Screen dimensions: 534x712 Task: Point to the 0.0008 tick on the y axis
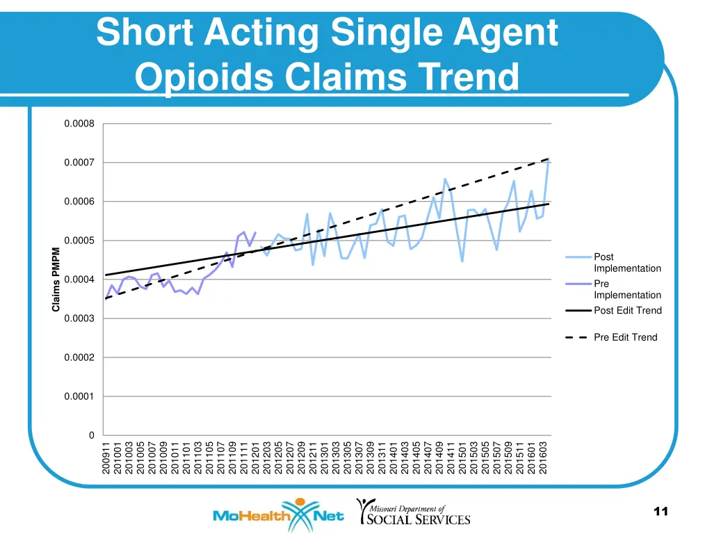pos(79,124)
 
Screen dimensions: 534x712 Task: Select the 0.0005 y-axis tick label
pos(79,241)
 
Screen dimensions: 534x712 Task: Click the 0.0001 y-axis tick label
pos(79,396)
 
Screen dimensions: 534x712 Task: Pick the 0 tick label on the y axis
pos(90,435)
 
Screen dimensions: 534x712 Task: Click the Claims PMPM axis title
pos(56,280)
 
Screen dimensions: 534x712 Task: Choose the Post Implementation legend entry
pos(626,263)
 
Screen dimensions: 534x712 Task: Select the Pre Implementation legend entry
pos(626,289)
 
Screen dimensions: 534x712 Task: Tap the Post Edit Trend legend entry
pos(626,311)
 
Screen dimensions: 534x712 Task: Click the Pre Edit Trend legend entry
pos(624,337)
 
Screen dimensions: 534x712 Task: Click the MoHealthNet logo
pos(278,515)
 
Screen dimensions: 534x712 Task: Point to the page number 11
pos(661,512)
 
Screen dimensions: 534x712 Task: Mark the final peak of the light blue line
pos(549,159)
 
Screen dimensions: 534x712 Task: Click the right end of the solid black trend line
pos(549,204)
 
